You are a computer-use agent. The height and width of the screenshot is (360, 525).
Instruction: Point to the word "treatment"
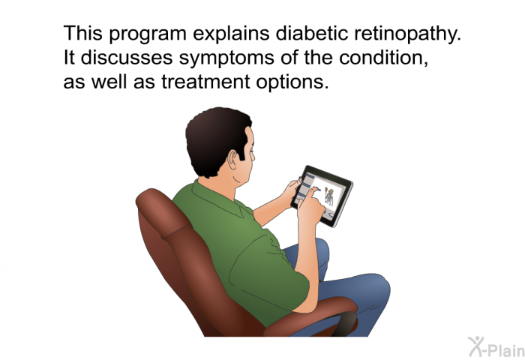(205, 82)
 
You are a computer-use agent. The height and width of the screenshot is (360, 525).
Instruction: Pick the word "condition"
(381, 58)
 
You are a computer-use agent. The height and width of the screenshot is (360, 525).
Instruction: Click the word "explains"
(231, 34)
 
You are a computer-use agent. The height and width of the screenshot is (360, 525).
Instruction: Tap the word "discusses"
(127, 58)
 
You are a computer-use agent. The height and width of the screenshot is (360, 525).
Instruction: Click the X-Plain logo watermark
(496, 347)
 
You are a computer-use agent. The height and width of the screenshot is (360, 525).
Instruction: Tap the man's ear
(232, 160)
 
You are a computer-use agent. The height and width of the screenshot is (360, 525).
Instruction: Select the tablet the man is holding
(322, 196)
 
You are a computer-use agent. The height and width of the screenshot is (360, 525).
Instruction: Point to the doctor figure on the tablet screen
(329, 197)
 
